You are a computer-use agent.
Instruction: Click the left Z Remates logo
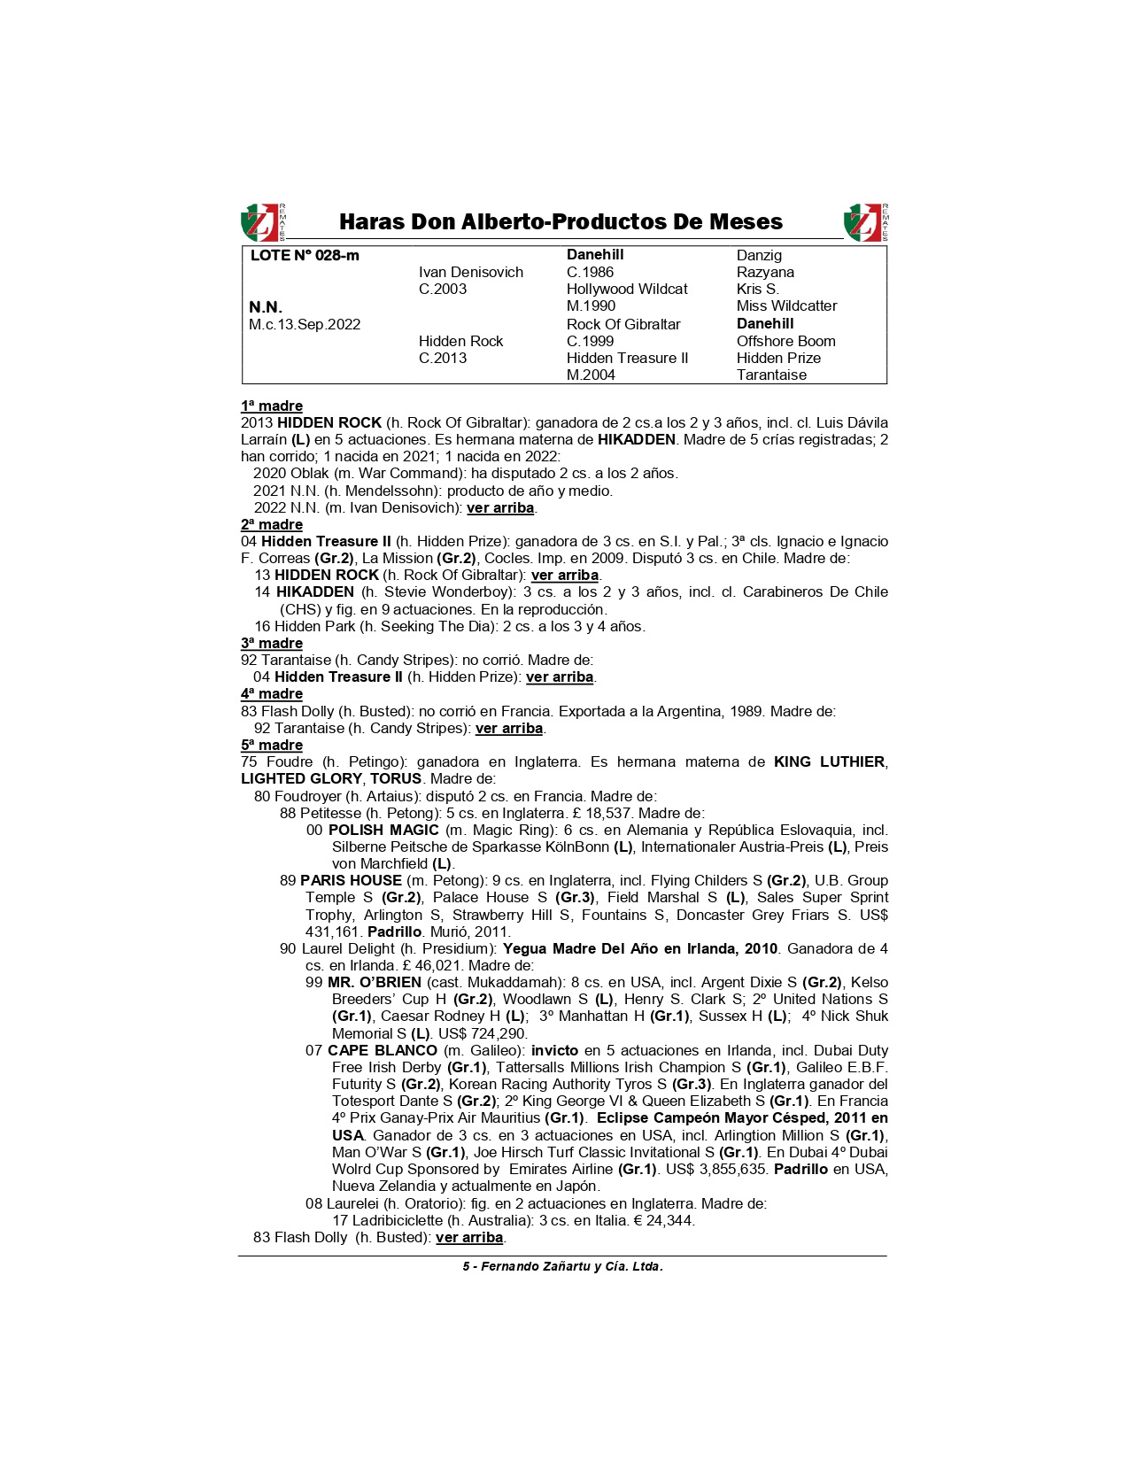[262, 222]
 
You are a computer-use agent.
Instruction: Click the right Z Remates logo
[865, 222]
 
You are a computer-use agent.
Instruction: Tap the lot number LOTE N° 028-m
[305, 256]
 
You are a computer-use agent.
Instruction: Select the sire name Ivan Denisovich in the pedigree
[470, 273]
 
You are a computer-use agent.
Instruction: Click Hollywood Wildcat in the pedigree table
[627, 290]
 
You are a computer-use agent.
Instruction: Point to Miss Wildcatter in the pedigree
[786, 306]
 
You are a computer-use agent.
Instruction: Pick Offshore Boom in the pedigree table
[785, 341]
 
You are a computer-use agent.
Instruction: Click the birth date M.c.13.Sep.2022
[305, 324]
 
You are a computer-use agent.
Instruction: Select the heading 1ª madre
[272, 406]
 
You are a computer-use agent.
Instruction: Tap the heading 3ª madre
[272, 644]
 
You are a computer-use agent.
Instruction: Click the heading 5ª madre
[272, 746]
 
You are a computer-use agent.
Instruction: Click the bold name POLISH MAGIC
[383, 831]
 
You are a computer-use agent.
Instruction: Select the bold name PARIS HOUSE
[351, 881]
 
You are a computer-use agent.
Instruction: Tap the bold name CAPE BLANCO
[383, 1051]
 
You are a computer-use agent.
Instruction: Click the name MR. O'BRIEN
[375, 983]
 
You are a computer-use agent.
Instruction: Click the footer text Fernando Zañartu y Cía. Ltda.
[571, 1267]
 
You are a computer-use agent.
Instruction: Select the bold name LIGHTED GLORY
[301, 779]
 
